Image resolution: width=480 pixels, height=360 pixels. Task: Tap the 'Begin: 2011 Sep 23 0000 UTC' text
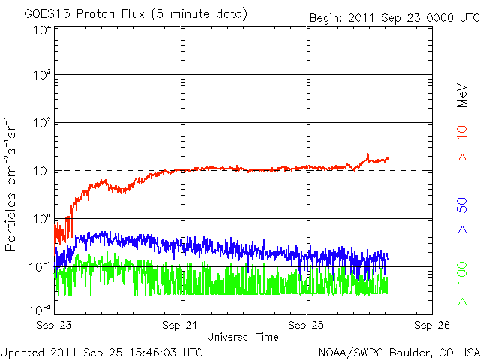pyautogui.click(x=394, y=17)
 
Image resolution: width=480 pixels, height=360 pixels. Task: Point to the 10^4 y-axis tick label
pyautogui.click(x=41, y=30)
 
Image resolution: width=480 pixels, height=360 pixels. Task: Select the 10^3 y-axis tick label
pyautogui.click(x=41, y=75)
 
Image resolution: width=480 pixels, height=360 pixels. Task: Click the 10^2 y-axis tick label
pyautogui.click(x=41, y=123)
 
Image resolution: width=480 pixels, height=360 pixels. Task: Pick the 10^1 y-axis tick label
pyautogui.click(x=41, y=171)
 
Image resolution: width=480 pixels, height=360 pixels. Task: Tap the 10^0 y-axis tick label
pyautogui.click(x=41, y=219)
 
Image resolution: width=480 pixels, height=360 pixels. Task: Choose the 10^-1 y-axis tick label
pyautogui.click(x=40, y=267)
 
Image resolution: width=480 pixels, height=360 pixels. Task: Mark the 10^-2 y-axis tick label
pyautogui.click(x=40, y=309)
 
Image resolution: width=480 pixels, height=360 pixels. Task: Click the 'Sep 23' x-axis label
pyautogui.click(x=54, y=326)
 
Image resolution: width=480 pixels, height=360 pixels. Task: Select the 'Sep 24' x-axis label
pyautogui.click(x=180, y=326)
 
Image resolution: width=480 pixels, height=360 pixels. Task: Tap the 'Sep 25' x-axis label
pyautogui.click(x=306, y=326)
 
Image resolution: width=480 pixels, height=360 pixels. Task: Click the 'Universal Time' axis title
pyautogui.click(x=243, y=337)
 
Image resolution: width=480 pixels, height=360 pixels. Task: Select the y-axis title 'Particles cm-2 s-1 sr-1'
pyautogui.click(x=12, y=183)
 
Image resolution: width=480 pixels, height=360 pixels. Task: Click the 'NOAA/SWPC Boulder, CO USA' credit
pyautogui.click(x=398, y=352)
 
